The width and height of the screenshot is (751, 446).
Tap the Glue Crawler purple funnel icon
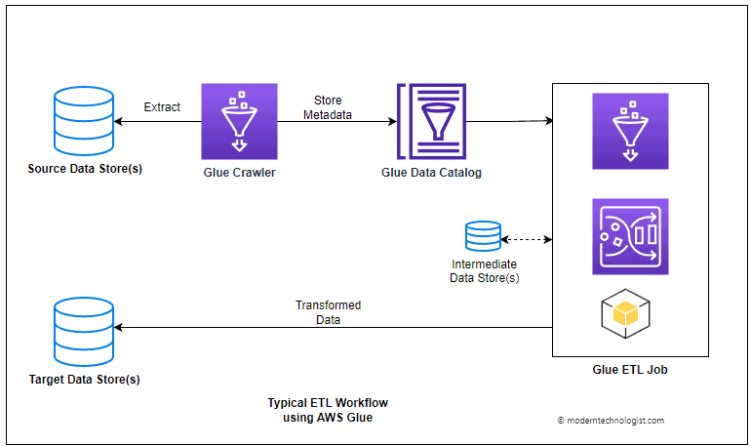(x=240, y=121)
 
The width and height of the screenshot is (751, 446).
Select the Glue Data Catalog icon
(x=431, y=121)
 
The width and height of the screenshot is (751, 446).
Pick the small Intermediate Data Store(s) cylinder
(x=484, y=237)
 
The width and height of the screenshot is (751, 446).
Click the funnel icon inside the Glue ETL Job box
(x=629, y=130)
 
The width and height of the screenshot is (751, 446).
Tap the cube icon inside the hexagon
(x=625, y=314)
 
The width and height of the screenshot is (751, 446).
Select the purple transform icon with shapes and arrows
(x=629, y=236)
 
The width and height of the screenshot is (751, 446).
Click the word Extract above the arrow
(x=161, y=106)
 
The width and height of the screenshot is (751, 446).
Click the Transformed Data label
(x=328, y=312)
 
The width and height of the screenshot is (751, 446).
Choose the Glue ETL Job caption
(x=629, y=370)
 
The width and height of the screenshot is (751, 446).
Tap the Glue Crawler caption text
(x=240, y=173)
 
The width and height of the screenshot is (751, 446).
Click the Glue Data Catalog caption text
(x=431, y=173)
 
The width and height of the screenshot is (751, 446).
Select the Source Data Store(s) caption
(x=85, y=169)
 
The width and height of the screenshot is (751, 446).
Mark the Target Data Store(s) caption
(x=85, y=378)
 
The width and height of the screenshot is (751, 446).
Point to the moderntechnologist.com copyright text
(x=611, y=421)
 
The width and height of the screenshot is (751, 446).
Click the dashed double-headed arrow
(x=528, y=238)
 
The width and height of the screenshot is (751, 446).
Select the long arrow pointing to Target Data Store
(x=332, y=329)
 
